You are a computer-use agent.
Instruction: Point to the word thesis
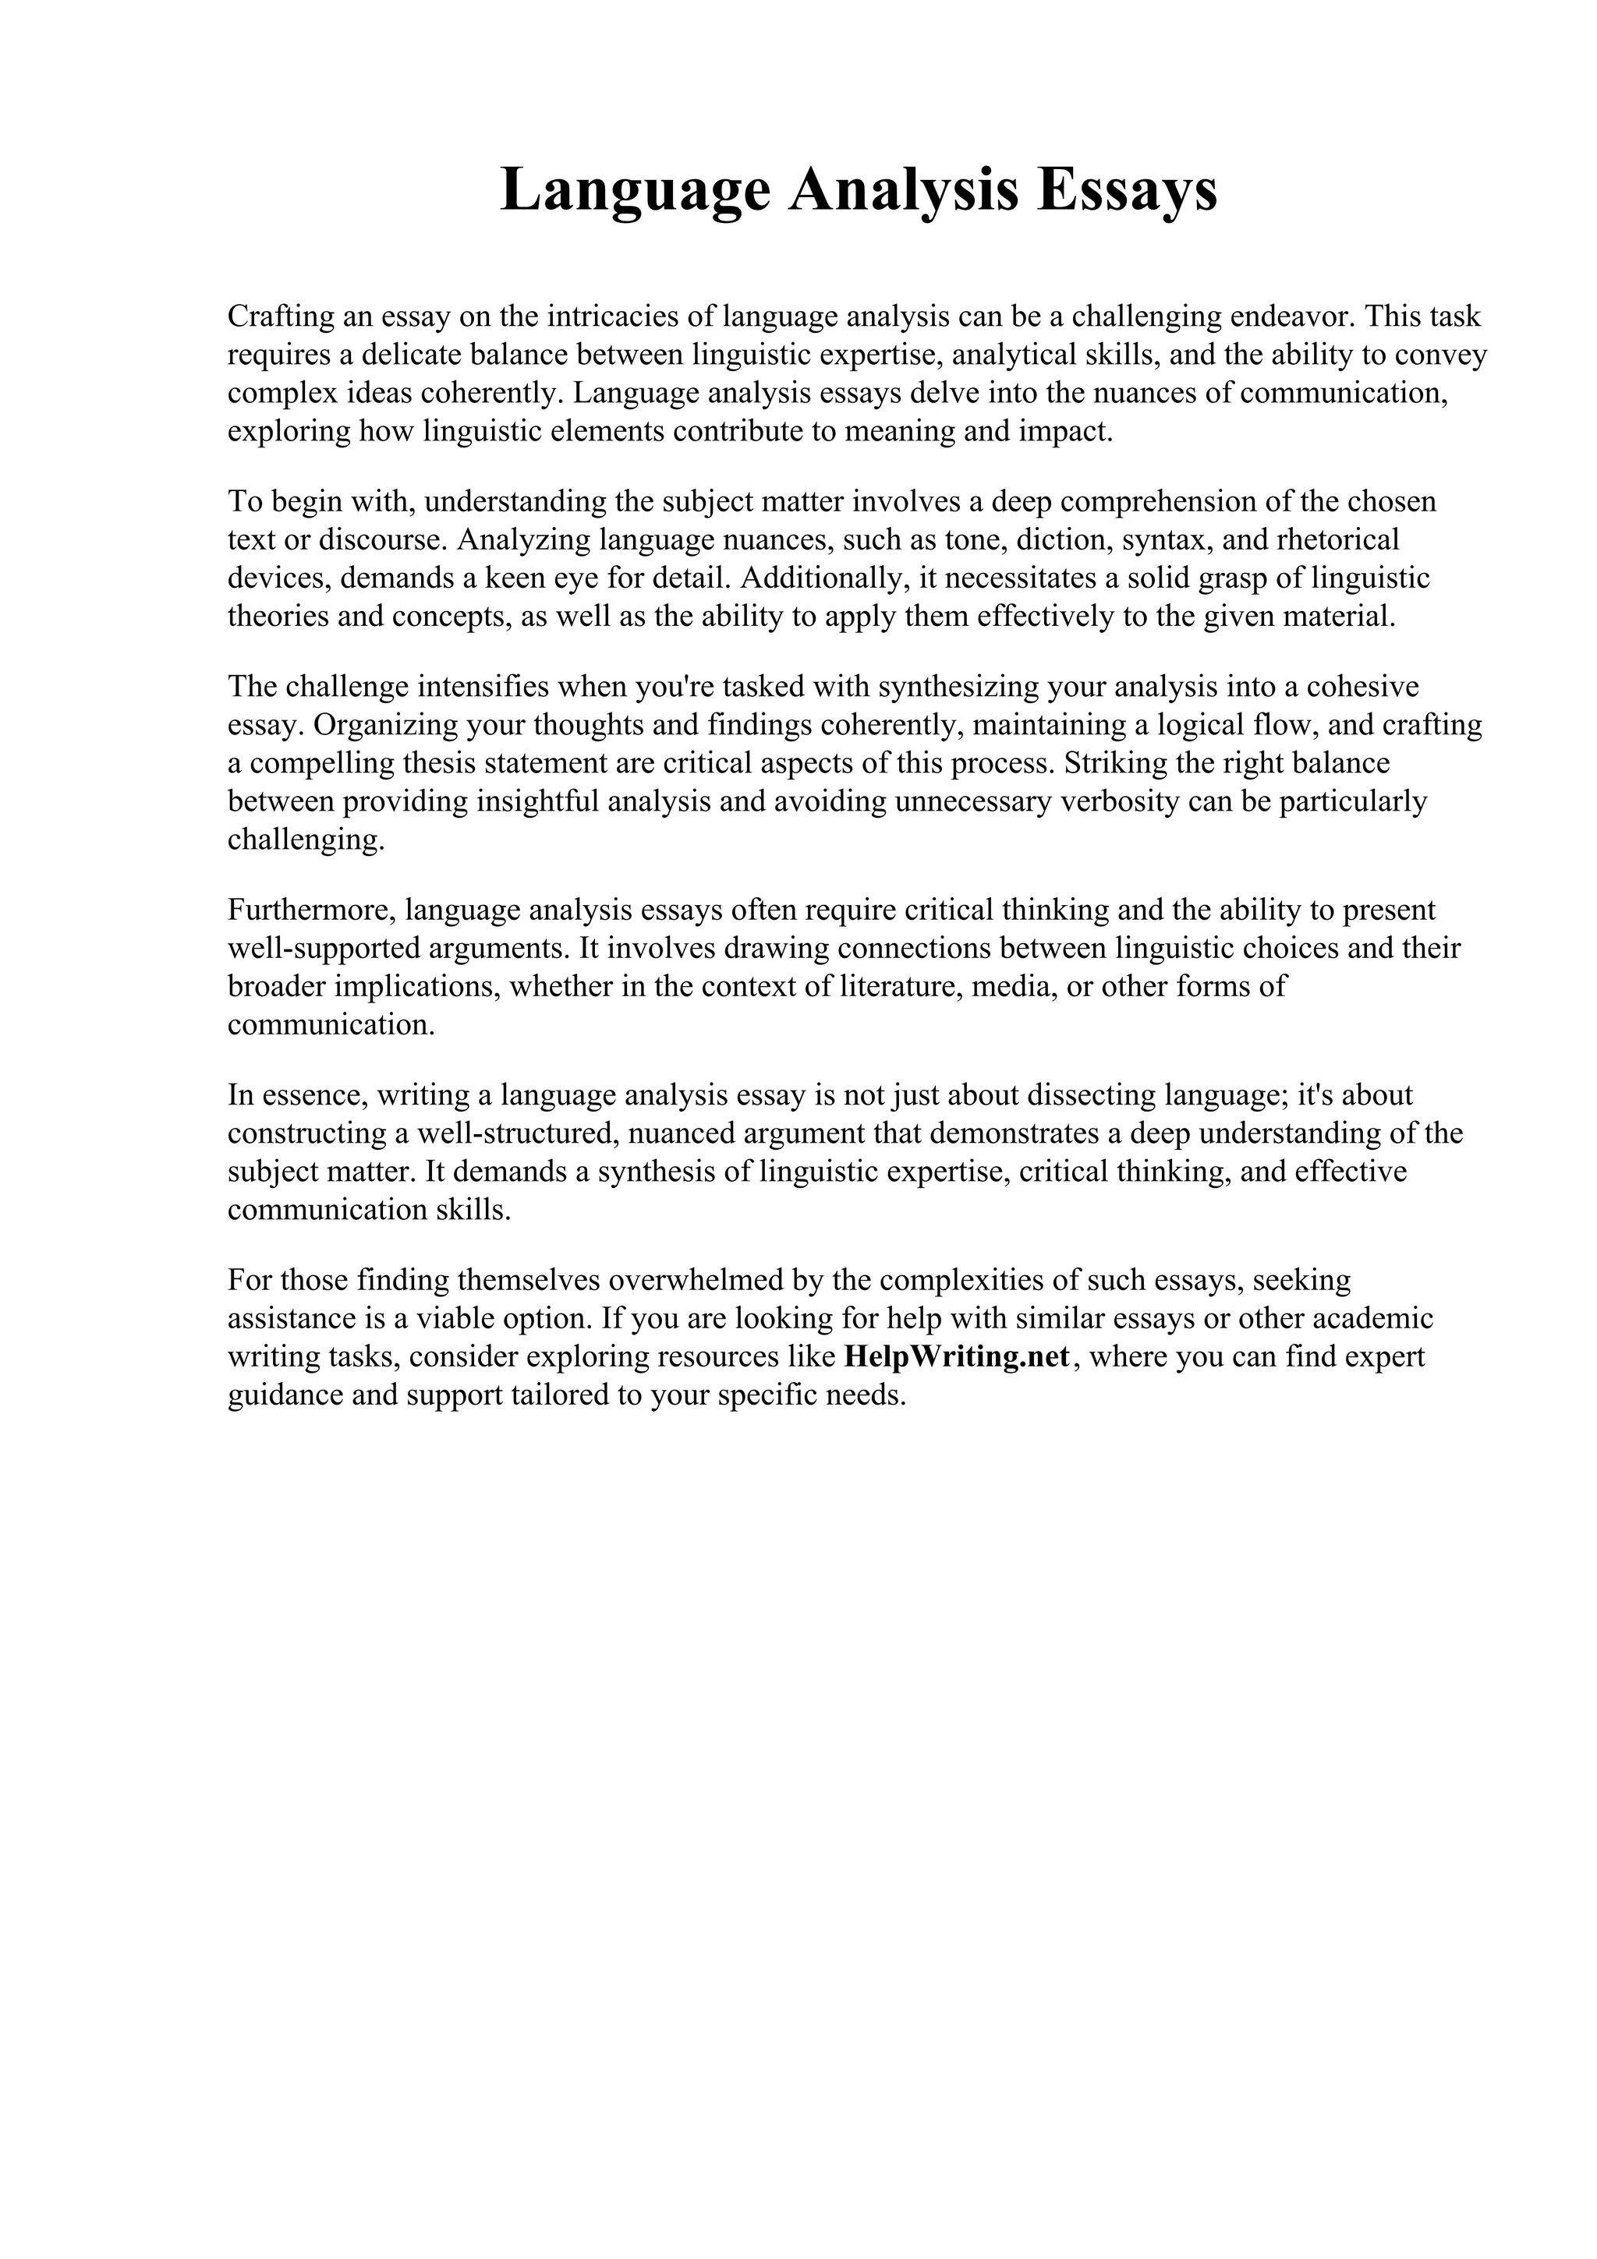pos(430,763)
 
